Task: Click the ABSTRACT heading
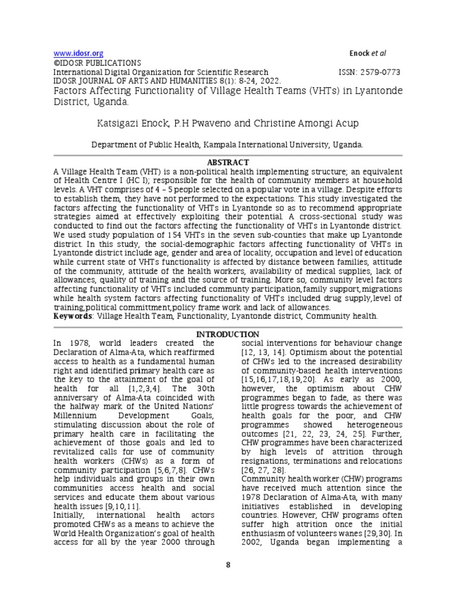227,163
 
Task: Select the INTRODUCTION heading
227,334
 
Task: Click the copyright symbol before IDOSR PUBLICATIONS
56,62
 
